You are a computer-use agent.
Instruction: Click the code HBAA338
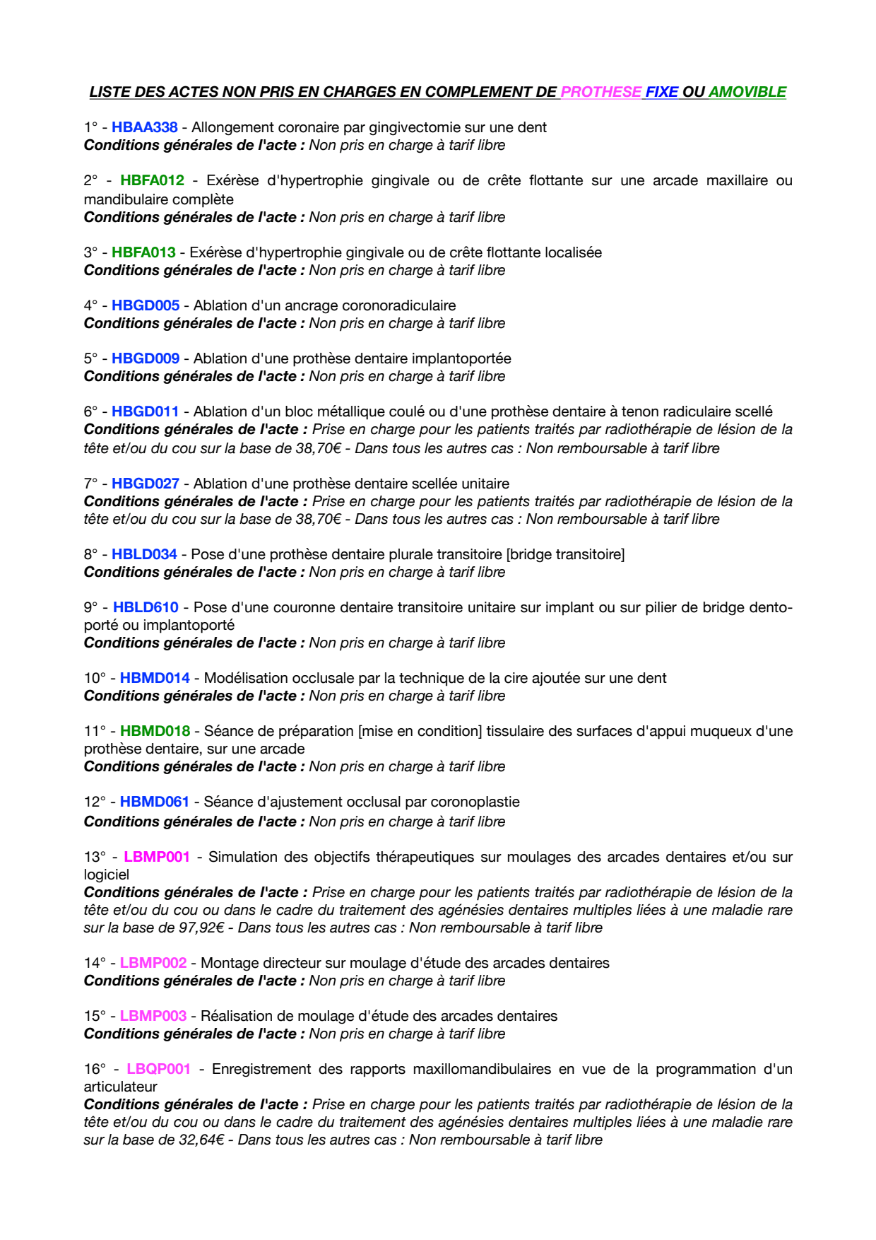[144, 127]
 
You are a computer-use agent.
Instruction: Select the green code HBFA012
[152, 180]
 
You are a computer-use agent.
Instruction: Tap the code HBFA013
[143, 252]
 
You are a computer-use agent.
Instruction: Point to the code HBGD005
[146, 305]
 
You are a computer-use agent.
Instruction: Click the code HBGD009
[146, 358]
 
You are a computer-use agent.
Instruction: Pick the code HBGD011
[146, 411]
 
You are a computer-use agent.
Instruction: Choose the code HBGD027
[146, 484]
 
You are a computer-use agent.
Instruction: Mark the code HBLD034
[144, 554]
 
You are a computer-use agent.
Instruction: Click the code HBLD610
[146, 607]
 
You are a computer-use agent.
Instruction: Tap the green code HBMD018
[155, 731]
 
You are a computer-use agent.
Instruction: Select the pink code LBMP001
[157, 857]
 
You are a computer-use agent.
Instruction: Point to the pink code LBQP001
[158, 1069]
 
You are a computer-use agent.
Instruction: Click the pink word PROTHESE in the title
[601, 92]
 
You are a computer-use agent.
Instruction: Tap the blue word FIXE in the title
[662, 92]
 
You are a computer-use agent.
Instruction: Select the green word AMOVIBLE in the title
[747, 92]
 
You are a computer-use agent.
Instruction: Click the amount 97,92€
[201, 928]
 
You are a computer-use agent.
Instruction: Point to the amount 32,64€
[201, 1140]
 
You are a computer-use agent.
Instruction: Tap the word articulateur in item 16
[120, 1087]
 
